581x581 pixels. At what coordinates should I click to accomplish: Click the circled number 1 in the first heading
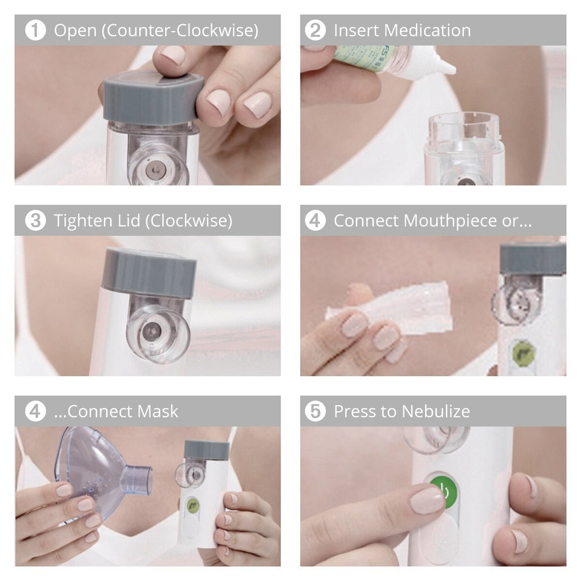pyautogui.click(x=35, y=30)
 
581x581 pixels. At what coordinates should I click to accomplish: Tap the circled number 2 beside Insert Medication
pyautogui.click(x=315, y=30)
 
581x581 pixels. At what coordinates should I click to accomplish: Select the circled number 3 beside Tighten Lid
pyautogui.click(x=35, y=220)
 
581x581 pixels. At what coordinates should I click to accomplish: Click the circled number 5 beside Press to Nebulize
pyautogui.click(x=315, y=411)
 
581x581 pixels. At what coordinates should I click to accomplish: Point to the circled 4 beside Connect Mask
pyautogui.click(x=35, y=411)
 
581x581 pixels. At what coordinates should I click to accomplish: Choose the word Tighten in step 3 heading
pyautogui.click(x=81, y=221)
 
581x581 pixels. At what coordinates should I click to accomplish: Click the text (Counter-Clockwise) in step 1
pyautogui.click(x=179, y=31)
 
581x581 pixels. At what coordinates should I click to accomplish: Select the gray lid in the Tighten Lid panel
pyautogui.click(x=149, y=273)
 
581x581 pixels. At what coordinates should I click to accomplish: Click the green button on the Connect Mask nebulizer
pyautogui.click(x=192, y=505)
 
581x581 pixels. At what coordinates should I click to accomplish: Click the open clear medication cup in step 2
pyautogui.click(x=464, y=135)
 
